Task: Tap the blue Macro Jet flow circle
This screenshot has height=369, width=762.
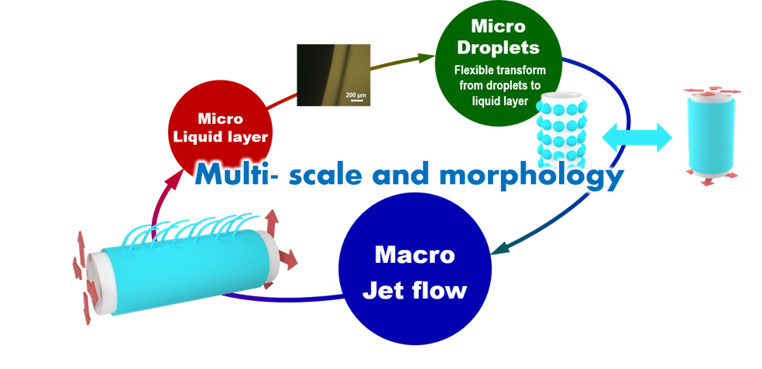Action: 416,270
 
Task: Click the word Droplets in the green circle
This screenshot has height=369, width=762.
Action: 496,47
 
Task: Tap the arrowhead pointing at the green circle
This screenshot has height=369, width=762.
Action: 424,56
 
